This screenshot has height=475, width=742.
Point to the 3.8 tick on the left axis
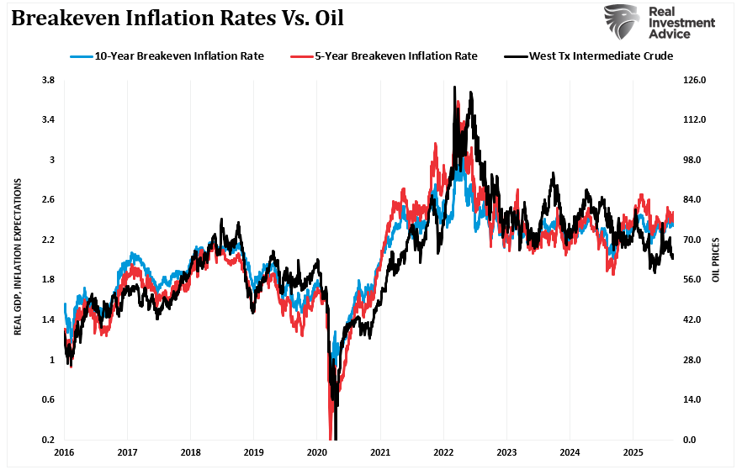click(48, 80)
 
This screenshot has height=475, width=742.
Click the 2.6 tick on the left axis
click(48, 200)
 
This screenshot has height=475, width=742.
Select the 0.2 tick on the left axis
click(48, 440)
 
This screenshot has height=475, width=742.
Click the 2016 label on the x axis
click(64, 452)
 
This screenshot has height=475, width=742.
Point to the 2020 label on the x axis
click(316, 452)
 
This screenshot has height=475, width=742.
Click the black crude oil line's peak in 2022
click(454, 87)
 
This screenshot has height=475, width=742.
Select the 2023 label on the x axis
click(506, 452)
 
